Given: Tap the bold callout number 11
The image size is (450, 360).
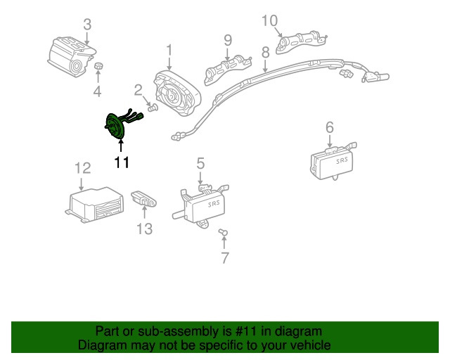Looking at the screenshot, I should pos(122,163).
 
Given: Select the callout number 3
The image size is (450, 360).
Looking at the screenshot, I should pos(86,25).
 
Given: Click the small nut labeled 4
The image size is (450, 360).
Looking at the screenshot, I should pos(99,67).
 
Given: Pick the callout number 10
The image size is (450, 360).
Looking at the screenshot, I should pos(270,20).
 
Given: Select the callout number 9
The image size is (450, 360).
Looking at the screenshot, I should pos(228,39).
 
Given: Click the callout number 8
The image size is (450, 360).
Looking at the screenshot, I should pos(265,52).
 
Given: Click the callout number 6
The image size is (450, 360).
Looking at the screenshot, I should pos(329,127).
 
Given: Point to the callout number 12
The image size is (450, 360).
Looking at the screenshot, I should pos(83,167).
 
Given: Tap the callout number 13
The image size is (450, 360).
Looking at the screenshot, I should pos(143,229).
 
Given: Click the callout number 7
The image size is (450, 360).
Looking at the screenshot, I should pos(225,258).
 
